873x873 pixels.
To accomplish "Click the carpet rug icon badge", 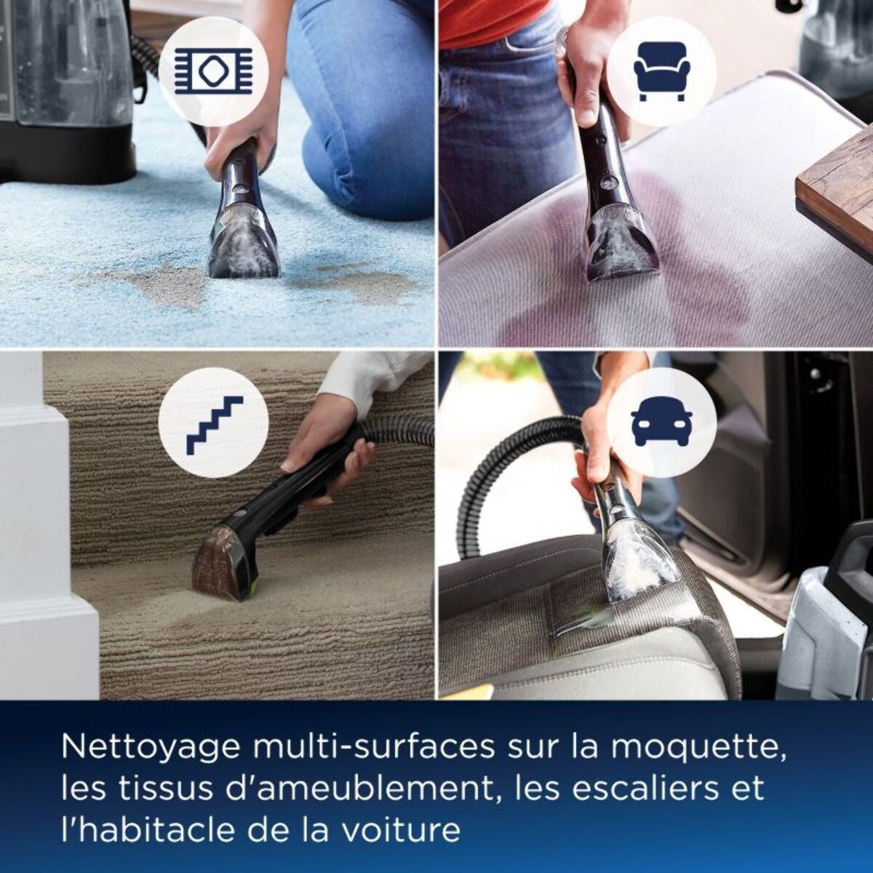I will (213, 71).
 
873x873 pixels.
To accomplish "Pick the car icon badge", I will (661, 422).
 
